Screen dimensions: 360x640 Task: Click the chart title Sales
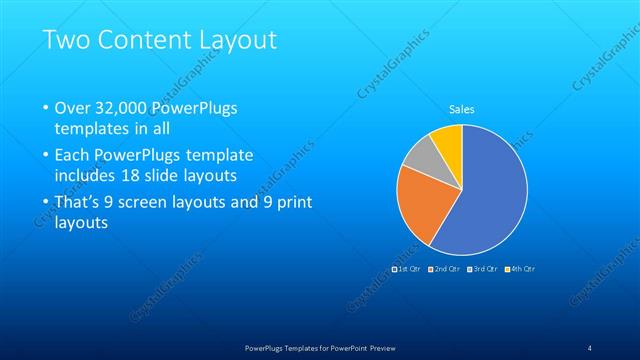click(461, 109)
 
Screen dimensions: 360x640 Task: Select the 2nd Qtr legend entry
click(445, 269)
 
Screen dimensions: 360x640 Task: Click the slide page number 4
click(589, 347)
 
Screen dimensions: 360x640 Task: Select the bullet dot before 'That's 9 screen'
click(45, 203)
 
